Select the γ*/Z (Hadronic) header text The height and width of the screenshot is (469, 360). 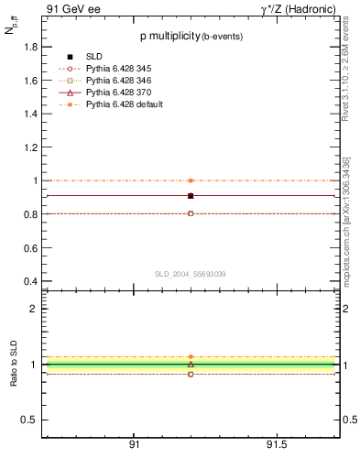pyautogui.click(x=300, y=10)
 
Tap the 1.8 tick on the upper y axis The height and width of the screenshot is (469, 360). pyautogui.click(x=30, y=47)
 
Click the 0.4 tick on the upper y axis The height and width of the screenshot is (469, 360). pyautogui.click(x=30, y=281)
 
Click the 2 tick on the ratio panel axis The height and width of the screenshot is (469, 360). pyautogui.click(x=34, y=310)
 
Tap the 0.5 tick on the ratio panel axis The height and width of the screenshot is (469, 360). pyautogui.click(x=30, y=420)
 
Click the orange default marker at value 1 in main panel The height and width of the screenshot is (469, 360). pyautogui.click(x=191, y=180)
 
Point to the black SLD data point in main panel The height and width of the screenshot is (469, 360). pyautogui.click(x=191, y=195)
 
